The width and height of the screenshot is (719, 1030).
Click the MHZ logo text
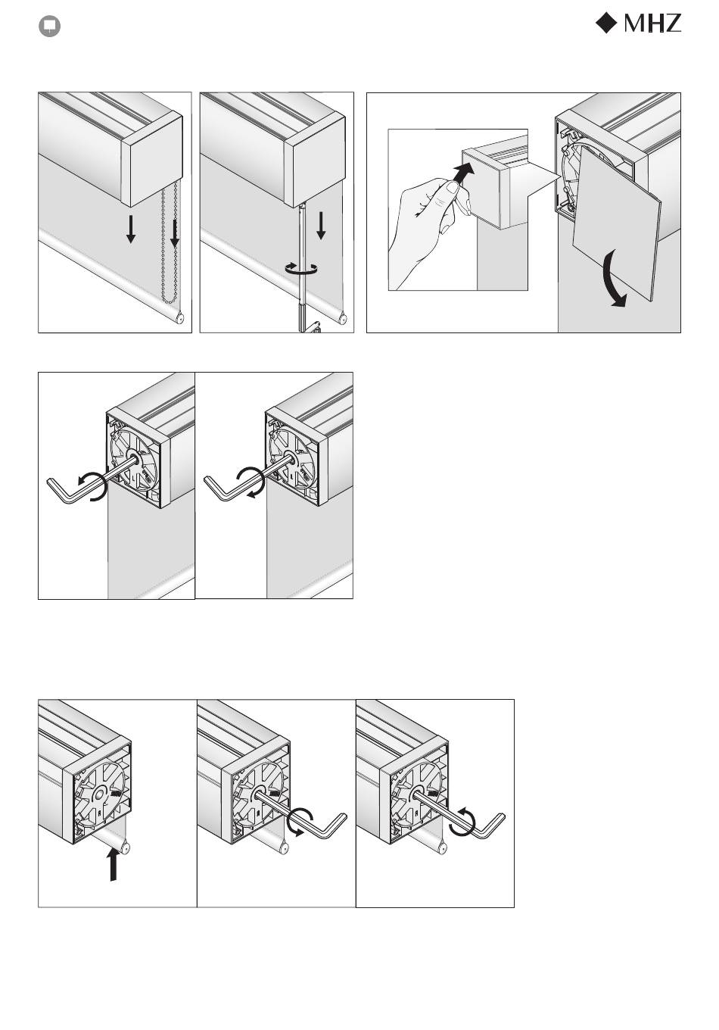[x=652, y=23]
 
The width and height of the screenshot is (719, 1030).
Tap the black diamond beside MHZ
[x=606, y=23]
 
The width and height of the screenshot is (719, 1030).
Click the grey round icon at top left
[x=49, y=27]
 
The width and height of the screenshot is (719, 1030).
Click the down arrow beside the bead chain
[x=175, y=233]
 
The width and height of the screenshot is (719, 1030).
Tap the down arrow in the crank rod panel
[x=321, y=226]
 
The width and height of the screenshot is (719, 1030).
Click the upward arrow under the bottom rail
[x=113, y=864]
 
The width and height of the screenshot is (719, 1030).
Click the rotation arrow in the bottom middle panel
[x=301, y=821]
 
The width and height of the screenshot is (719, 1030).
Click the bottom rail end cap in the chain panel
[x=179, y=318]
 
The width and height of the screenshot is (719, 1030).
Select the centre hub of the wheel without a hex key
[x=99, y=794]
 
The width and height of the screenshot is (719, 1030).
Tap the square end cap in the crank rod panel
[x=315, y=161]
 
